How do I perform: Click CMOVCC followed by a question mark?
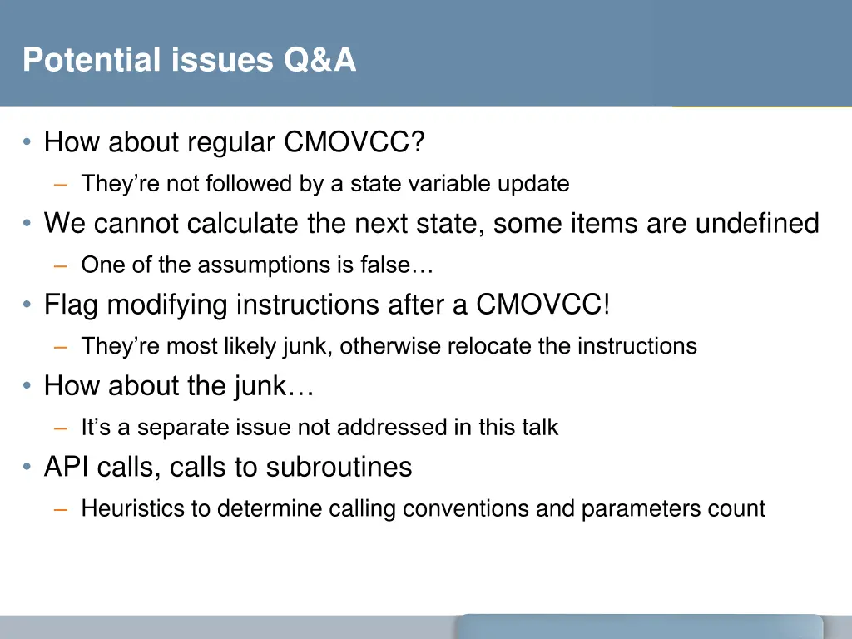coord(354,143)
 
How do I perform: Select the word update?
coord(533,183)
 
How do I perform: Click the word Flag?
coord(72,305)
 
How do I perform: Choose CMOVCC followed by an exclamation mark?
coord(543,305)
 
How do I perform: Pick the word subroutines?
coord(339,468)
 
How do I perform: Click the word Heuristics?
coord(136,508)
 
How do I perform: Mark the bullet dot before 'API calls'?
coord(28,468)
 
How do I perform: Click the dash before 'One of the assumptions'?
coord(61,265)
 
